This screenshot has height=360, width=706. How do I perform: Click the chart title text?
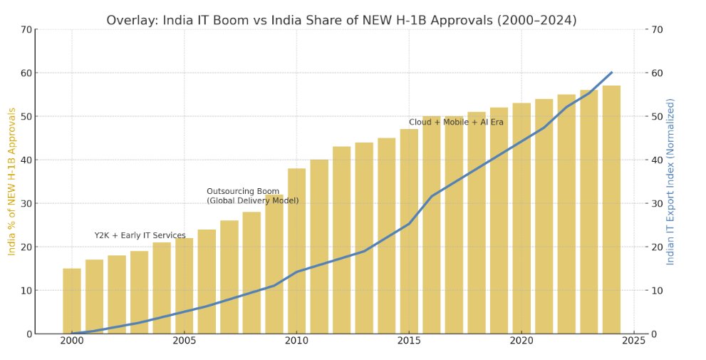341,20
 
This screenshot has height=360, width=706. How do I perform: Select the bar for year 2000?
72,301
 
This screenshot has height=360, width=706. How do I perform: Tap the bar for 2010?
296,251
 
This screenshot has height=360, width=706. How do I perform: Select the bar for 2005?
185,285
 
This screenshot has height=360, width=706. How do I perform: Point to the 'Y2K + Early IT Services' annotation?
140,235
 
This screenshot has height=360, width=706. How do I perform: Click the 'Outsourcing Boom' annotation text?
243,192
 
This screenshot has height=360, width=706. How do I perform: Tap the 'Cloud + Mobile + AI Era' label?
456,123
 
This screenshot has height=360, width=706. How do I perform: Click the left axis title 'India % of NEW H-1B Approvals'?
11,182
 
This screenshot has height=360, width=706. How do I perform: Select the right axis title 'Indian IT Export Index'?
670,182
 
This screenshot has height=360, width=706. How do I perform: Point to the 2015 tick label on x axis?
409,341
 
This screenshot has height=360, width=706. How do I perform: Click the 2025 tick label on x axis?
633,341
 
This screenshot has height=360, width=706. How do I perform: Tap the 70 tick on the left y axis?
26,29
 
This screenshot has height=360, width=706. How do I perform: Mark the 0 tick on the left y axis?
28,334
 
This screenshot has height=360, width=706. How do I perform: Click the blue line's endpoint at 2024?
611,72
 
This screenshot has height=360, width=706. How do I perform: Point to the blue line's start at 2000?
72,333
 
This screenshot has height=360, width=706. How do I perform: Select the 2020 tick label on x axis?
521,341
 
